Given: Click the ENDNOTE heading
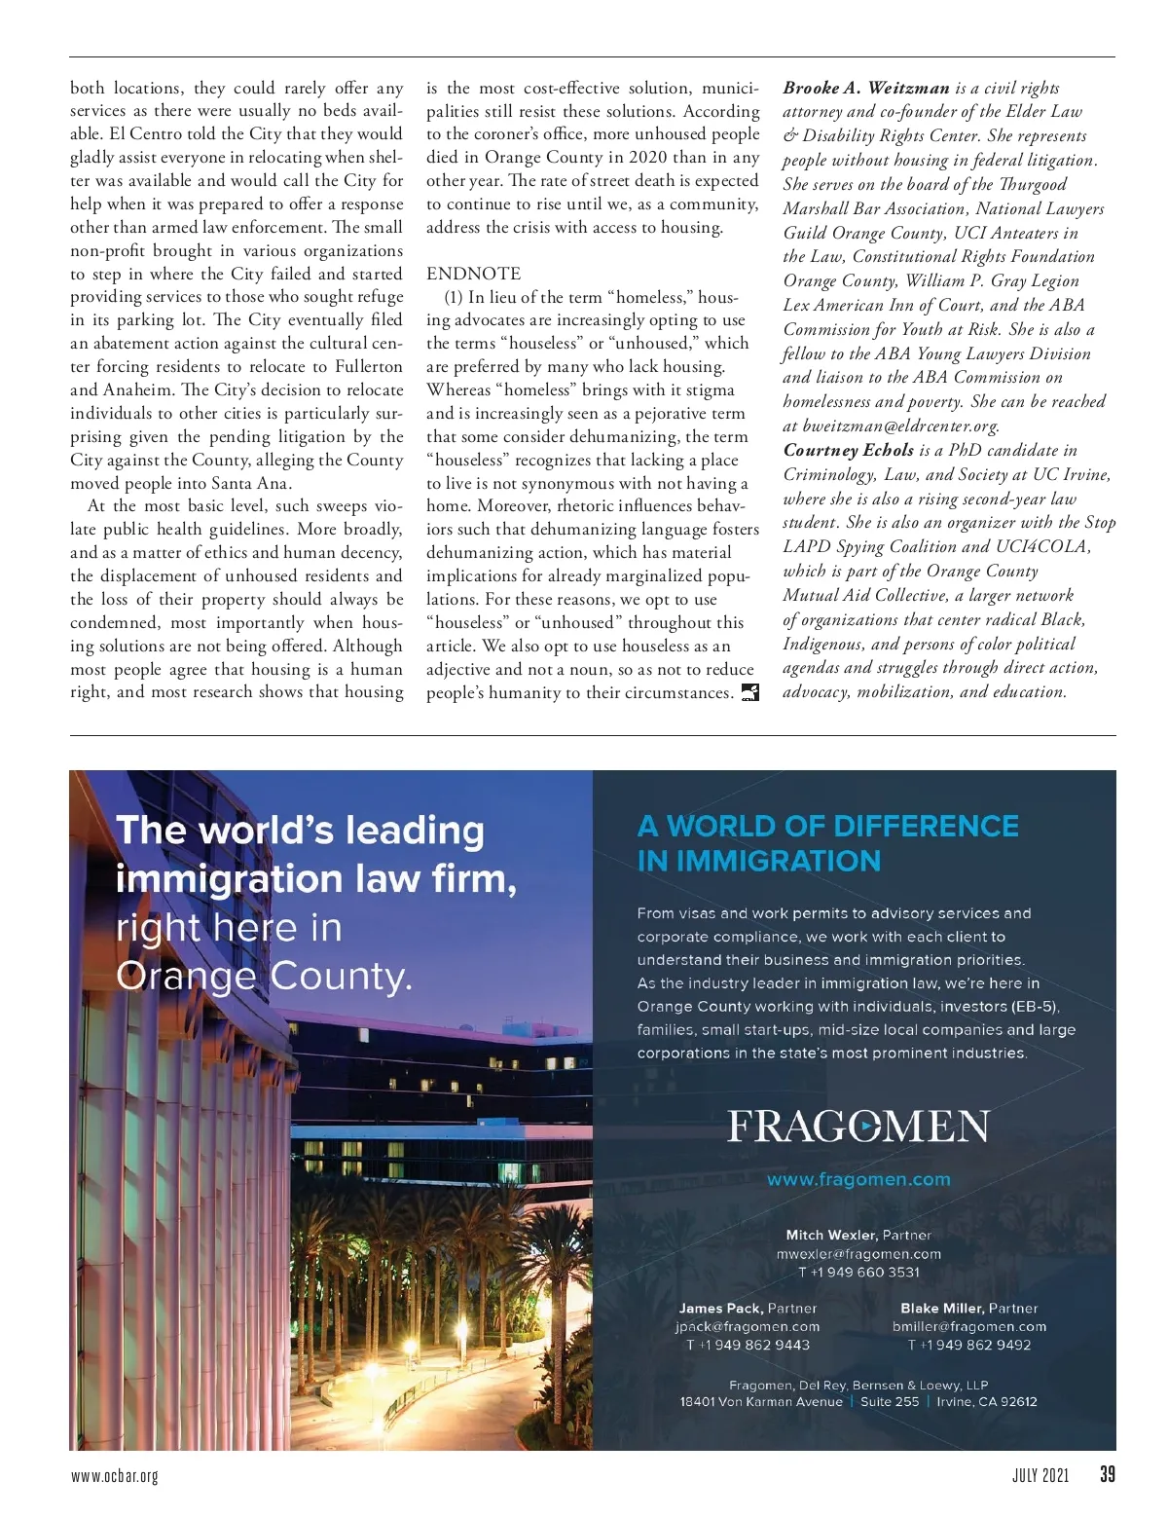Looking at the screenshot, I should click(x=473, y=274).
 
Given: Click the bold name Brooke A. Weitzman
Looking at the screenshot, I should click(x=865, y=88).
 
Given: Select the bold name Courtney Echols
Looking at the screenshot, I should click(x=849, y=450).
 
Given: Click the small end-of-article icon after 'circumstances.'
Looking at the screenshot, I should click(x=749, y=692).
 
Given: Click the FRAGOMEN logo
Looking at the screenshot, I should click(x=858, y=1127).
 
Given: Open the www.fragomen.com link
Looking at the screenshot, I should click(x=858, y=1179).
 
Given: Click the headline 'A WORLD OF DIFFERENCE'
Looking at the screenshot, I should click(x=827, y=826).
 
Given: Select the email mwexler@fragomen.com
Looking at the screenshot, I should click(x=858, y=1254).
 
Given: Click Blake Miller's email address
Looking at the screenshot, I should click(x=969, y=1326).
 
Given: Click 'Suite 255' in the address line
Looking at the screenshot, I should click(x=890, y=1402).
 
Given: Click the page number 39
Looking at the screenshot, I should click(x=1108, y=1474).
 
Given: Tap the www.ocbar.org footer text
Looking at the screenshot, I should click(x=115, y=1476).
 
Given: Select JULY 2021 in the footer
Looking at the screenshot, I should click(x=1040, y=1475).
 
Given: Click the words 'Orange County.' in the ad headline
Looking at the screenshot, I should click(x=264, y=976).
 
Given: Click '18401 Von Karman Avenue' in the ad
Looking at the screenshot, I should click(x=761, y=1402).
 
